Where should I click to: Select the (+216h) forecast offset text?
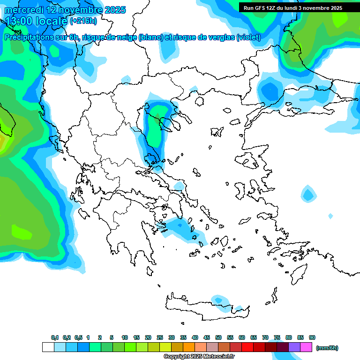tap(83, 21)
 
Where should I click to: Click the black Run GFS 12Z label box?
tap(292, 7)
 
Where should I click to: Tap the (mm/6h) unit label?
tap(327, 348)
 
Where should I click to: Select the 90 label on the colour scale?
tap(312, 337)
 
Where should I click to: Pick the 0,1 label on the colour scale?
tap(55, 337)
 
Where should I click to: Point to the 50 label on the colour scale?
tap(218, 337)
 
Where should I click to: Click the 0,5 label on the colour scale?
tap(78, 337)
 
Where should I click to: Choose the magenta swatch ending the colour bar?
tap(306, 347)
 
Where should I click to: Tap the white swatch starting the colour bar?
tap(48, 347)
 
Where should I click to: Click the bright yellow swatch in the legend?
tap(165, 347)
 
